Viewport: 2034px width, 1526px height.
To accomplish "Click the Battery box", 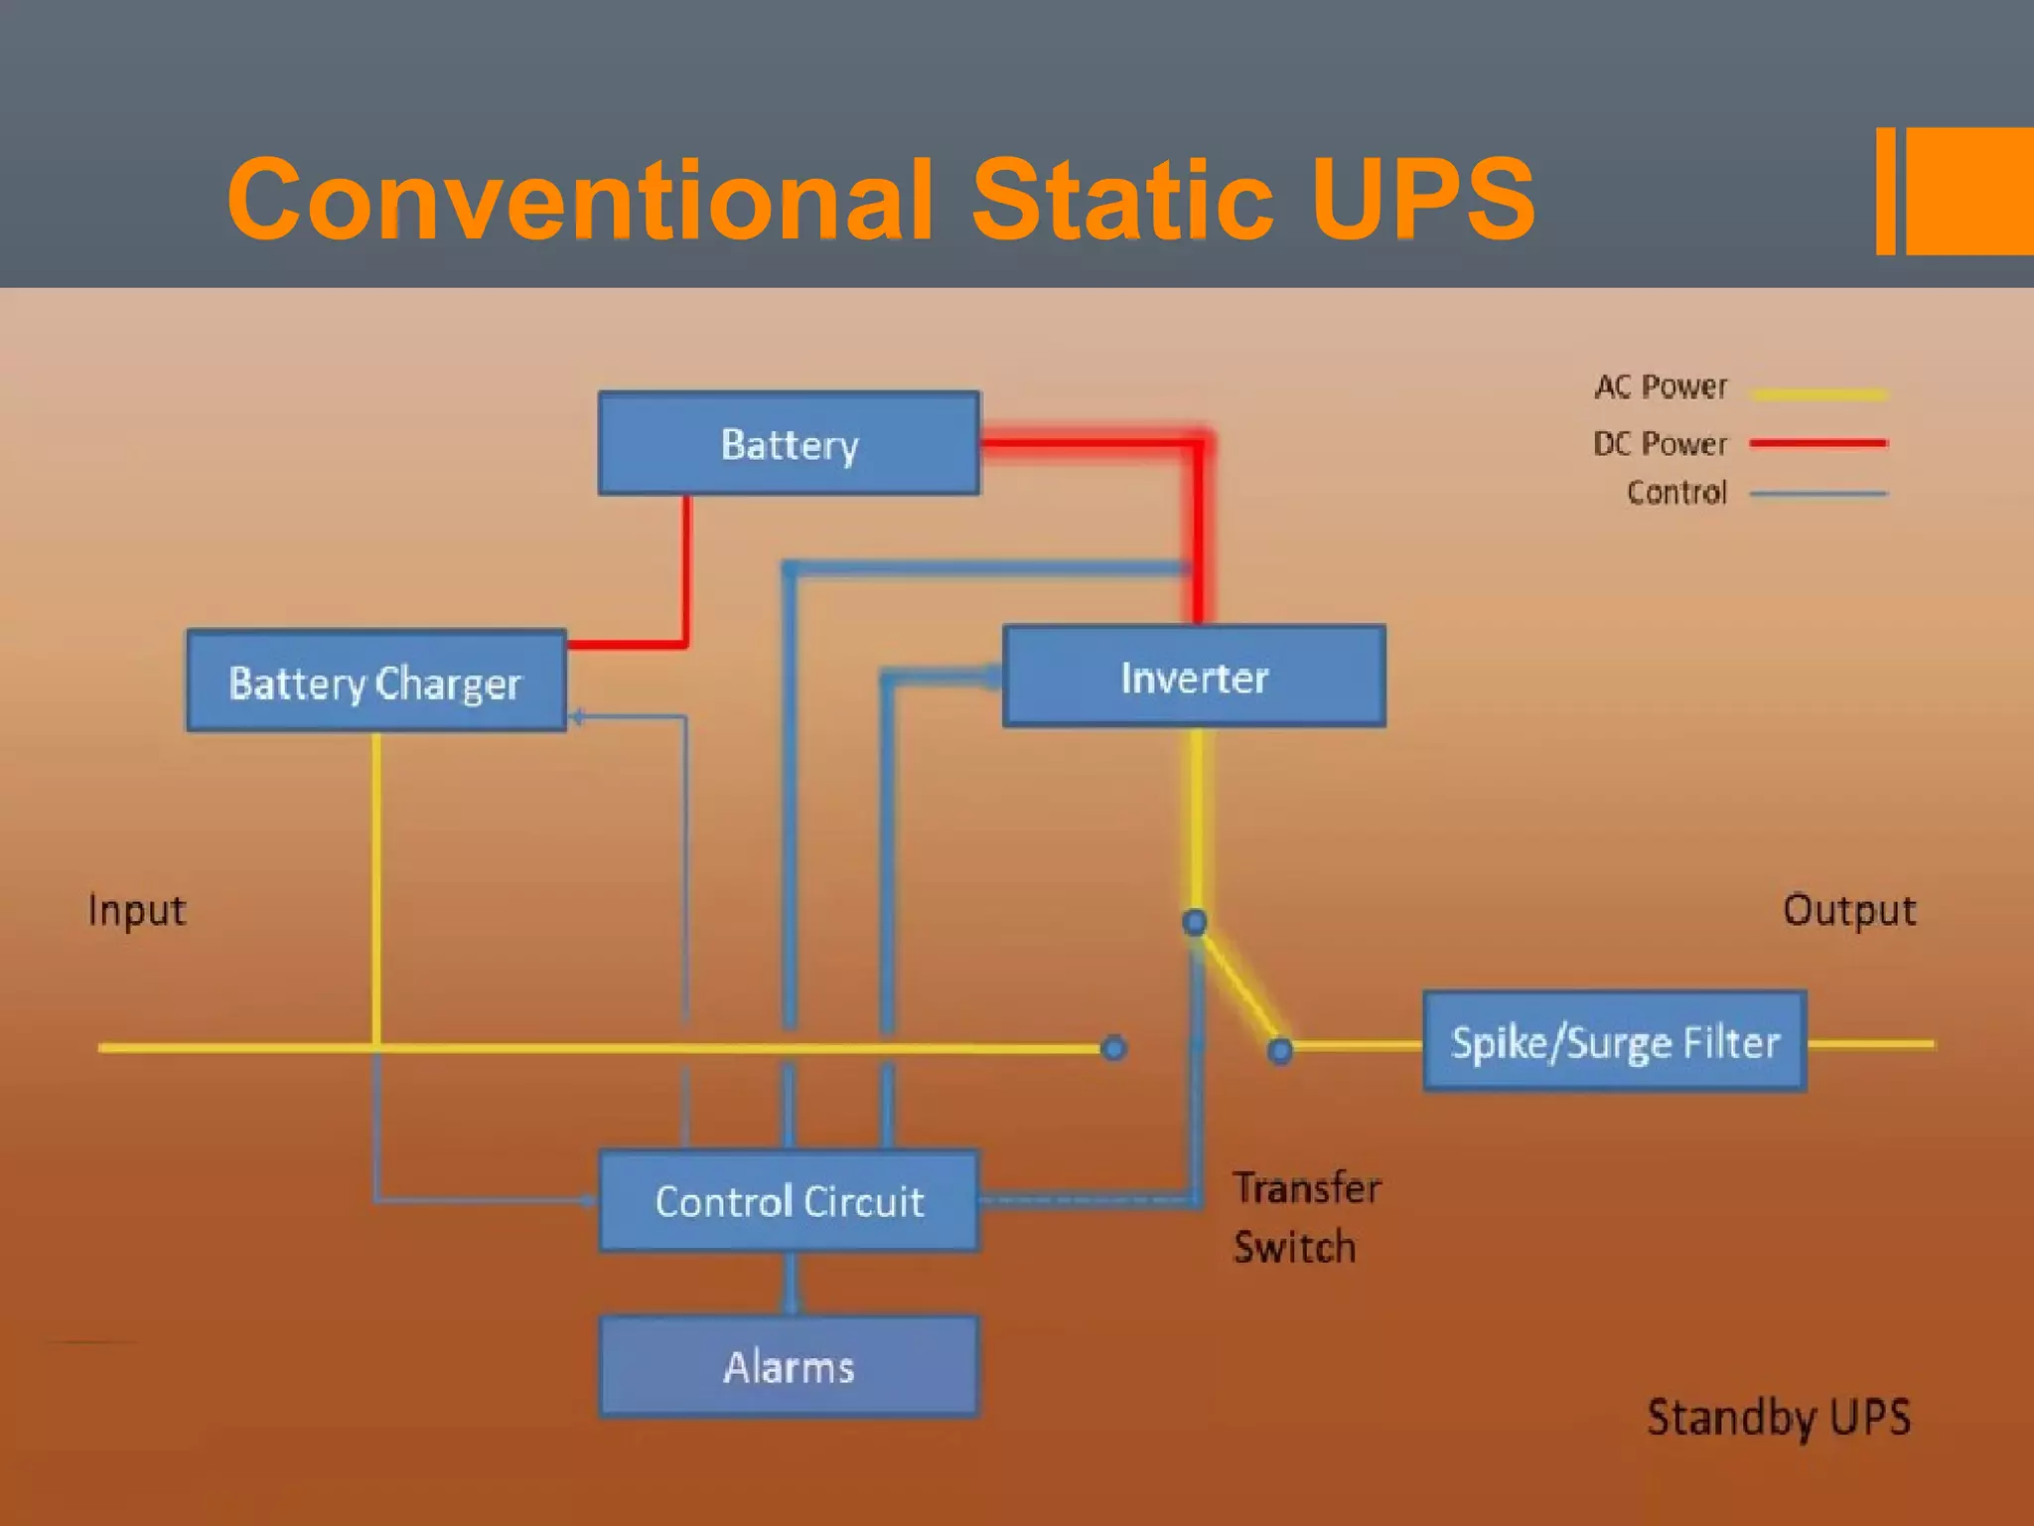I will [789, 443].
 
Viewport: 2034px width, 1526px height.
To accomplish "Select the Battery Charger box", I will [376, 682].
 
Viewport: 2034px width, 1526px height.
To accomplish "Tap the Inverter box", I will [1194, 677].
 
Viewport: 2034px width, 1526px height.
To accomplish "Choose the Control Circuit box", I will [789, 1200].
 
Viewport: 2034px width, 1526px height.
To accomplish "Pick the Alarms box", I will [789, 1366].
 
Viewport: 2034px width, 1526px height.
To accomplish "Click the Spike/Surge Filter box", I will [1614, 1041].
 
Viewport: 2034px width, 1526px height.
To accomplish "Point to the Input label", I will [136, 910].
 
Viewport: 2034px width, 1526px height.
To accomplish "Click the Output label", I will [1848, 910].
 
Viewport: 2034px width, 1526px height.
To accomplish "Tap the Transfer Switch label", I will [1305, 1217].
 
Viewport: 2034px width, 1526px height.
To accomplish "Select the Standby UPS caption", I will [1778, 1417].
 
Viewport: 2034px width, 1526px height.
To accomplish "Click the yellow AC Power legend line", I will [1817, 394].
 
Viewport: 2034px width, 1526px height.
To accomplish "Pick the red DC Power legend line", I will [1817, 443].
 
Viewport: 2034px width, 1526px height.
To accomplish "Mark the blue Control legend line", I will [1817, 493].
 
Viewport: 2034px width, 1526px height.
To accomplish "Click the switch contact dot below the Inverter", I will [1195, 922].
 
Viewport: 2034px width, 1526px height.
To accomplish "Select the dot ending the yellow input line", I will [1114, 1047].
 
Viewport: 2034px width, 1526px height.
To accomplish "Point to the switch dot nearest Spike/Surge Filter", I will [1280, 1050].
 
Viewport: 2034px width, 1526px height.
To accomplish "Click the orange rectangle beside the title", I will [1968, 191].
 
